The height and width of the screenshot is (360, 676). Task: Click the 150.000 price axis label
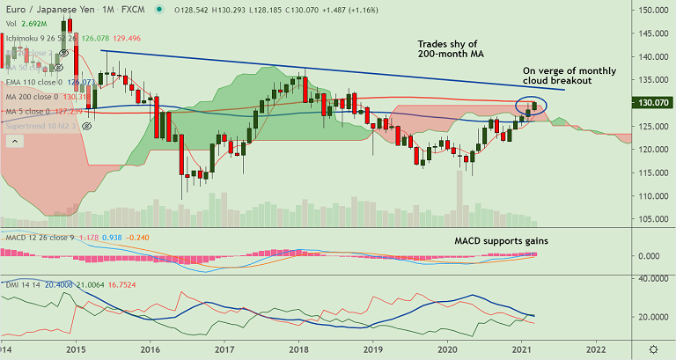(650, 11)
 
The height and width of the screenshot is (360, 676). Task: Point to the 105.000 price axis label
(650, 219)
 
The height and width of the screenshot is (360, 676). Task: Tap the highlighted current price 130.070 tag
(651, 103)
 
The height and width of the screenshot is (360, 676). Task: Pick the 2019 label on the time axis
(373, 349)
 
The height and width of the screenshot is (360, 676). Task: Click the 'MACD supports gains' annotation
(503, 240)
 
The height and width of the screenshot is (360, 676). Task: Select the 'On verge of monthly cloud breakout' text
(569, 77)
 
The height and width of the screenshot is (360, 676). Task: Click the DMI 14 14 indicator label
(18, 284)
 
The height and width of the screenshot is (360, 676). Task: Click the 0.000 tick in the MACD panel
(650, 256)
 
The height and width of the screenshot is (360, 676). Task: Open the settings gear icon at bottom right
(652, 350)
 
